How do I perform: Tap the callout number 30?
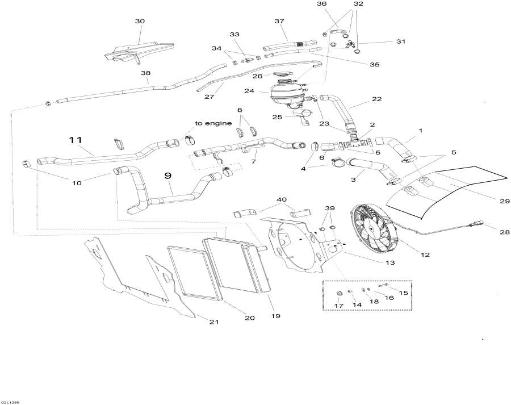pos(140,21)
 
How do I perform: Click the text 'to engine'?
pos(213,123)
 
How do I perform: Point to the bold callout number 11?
pos(76,140)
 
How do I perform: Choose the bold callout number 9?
pos(168,176)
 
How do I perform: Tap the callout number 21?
pos(213,322)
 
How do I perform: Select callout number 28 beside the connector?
pos(505,232)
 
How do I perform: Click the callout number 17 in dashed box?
pos(339,306)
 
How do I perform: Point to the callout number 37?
pos(279,21)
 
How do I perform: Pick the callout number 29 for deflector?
pos(505,201)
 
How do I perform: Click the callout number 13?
pos(390,262)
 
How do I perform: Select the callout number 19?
pos(276,316)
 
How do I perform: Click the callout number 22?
pos(376,99)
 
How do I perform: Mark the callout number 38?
pos(146,73)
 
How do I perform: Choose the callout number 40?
pos(282,199)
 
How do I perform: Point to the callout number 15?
pos(403,293)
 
